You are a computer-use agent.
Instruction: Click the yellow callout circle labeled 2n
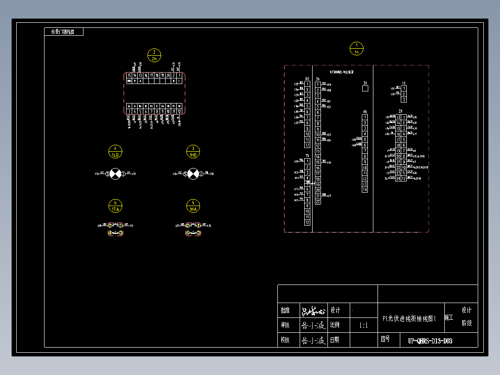pyautogui.click(x=154, y=55)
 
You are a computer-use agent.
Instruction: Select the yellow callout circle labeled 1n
pyautogui.click(x=356, y=49)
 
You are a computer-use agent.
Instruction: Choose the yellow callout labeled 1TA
pyautogui.click(x=115, y=206)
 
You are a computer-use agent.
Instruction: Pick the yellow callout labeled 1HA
pyautogui.click(x=193, y=206)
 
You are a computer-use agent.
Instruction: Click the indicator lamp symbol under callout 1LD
pyautogui.click(x=115, y=174)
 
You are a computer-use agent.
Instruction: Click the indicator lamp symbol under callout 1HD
pyautogui.click(x=193, y=174)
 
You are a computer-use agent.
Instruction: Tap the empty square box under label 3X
pyautogui.click(x=365, y=89)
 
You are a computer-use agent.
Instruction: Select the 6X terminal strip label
pyautogui.click(x=307, y=79)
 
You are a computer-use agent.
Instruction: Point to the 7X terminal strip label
pyautogui.click(x=307, y=156)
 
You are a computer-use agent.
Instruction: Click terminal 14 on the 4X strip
pyautogui.click(x=365, y=189)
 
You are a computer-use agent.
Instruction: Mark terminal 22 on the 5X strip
pyautogui.click(x=318, y=201)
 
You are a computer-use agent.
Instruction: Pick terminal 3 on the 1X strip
pyautogui.click(x=404, y=99)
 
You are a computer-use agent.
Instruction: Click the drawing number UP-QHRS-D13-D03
pyautogui.click(x=430, y=341)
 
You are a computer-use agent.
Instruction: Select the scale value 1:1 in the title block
pyautogui.click(x=363, y=325)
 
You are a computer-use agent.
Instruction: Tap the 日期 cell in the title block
pyautogui.click(x=334, y=340)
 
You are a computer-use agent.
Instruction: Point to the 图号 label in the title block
pyautogui.click(x=385, y=339)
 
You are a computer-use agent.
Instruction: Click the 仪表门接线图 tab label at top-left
pyautogui.click(x=64, y=32)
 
